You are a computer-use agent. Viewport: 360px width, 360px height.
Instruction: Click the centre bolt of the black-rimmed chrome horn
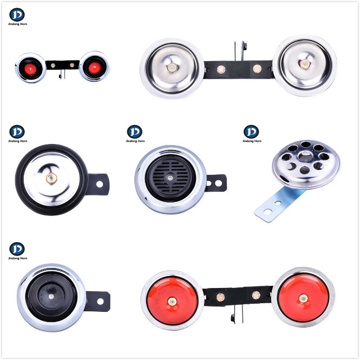click(51, 179)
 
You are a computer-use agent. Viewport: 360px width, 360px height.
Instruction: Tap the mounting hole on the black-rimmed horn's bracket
click(100, 184)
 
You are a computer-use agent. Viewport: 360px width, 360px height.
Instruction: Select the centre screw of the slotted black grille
click(170, 178)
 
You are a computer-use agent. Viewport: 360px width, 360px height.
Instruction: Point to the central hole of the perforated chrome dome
click(305, 156)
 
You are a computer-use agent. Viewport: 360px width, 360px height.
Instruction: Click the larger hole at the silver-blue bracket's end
click(268, 212)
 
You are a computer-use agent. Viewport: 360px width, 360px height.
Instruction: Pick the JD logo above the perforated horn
click(251, 132)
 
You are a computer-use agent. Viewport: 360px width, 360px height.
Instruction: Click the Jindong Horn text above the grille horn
click(135, 141)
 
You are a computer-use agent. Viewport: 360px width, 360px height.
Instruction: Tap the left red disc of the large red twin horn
click(172, 300)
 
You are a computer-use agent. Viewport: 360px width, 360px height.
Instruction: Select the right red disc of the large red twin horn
click(303, 298)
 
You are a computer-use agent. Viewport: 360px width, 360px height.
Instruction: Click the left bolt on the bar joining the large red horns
click(221, 297)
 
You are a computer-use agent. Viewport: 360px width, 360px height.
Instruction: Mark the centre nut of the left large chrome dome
click(172, 68)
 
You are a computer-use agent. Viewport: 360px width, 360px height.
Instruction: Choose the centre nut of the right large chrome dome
click(304, 63)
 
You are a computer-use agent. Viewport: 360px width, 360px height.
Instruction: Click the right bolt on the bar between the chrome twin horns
click(257, 68)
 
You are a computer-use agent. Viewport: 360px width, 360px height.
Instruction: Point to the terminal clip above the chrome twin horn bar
click(240, 51)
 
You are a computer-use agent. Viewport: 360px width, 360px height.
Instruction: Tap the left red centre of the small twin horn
click(30, 69)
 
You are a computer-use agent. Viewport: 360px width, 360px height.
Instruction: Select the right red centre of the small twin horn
click(95, 68)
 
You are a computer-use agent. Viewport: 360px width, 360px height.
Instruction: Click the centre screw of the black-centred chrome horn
click(51, 297)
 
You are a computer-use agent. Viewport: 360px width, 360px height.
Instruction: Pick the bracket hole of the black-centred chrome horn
click(100, 302)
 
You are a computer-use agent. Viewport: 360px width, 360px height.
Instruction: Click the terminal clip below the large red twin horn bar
click(237, 315)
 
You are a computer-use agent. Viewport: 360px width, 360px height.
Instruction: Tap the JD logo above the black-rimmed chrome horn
click(17, 132)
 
